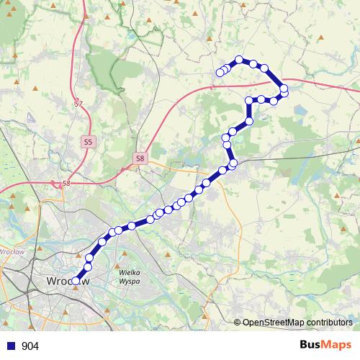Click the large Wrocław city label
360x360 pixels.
pyautogui.click(x=67, y=281)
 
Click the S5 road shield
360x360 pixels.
pyautogui.click(x=88, y=142)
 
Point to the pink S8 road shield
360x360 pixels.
pyautogui.click(x=140, y=158)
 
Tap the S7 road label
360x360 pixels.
pyautogui.click(x=78, y=105)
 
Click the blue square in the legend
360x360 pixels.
pyautogui.click(x=9, y=346)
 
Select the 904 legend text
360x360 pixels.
pyautogui.click(x=30, y=346)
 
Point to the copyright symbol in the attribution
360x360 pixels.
pyautogui.click(x=237, y=323)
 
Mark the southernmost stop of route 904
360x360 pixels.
pyautogui.click(x=76, y=282)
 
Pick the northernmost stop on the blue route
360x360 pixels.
pyautogui.click(x=240, y=60)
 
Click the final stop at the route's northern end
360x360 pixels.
pyautogui.click(x=220, y=72)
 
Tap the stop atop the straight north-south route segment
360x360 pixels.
pyautogui.click(x=249, y=100)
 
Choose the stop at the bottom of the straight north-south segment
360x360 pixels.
pyautogui.click(x=249, y=120)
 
